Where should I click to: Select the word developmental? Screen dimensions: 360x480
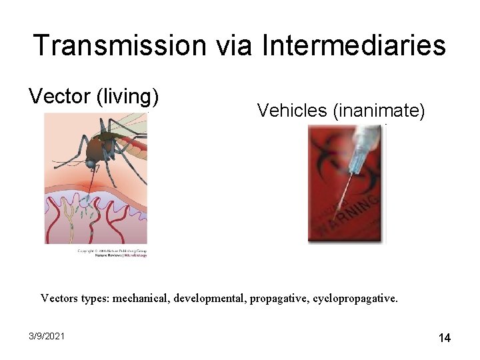210,298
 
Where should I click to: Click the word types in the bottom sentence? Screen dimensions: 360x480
94,298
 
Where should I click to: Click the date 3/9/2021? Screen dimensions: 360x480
47,336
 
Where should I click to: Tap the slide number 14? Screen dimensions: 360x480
444,338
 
